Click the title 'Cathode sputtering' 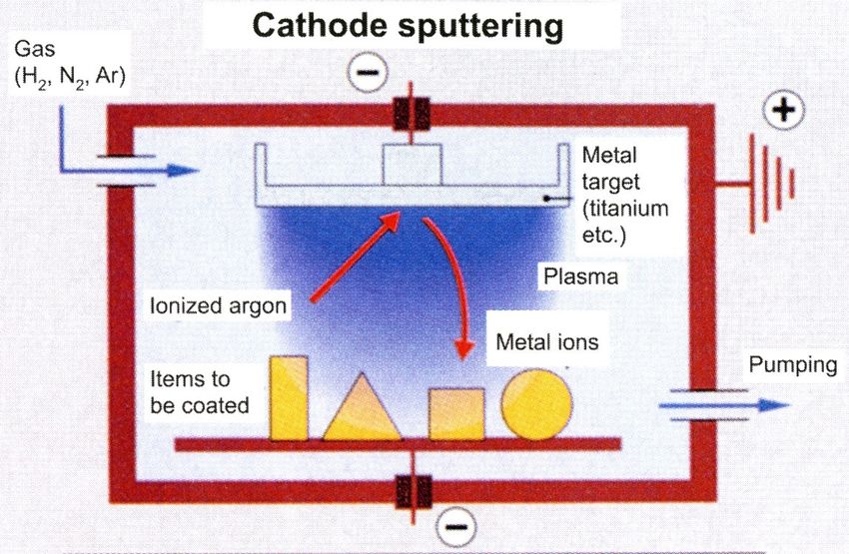pos(408,26)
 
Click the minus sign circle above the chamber pos(367,72)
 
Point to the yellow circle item pos(537,404)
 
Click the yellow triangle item pos(361,410)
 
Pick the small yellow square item pos(456,413)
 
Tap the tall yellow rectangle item pos(289,397)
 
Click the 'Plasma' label pos(579,276)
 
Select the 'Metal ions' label pos(547,342)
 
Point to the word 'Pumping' pos(793,365)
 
